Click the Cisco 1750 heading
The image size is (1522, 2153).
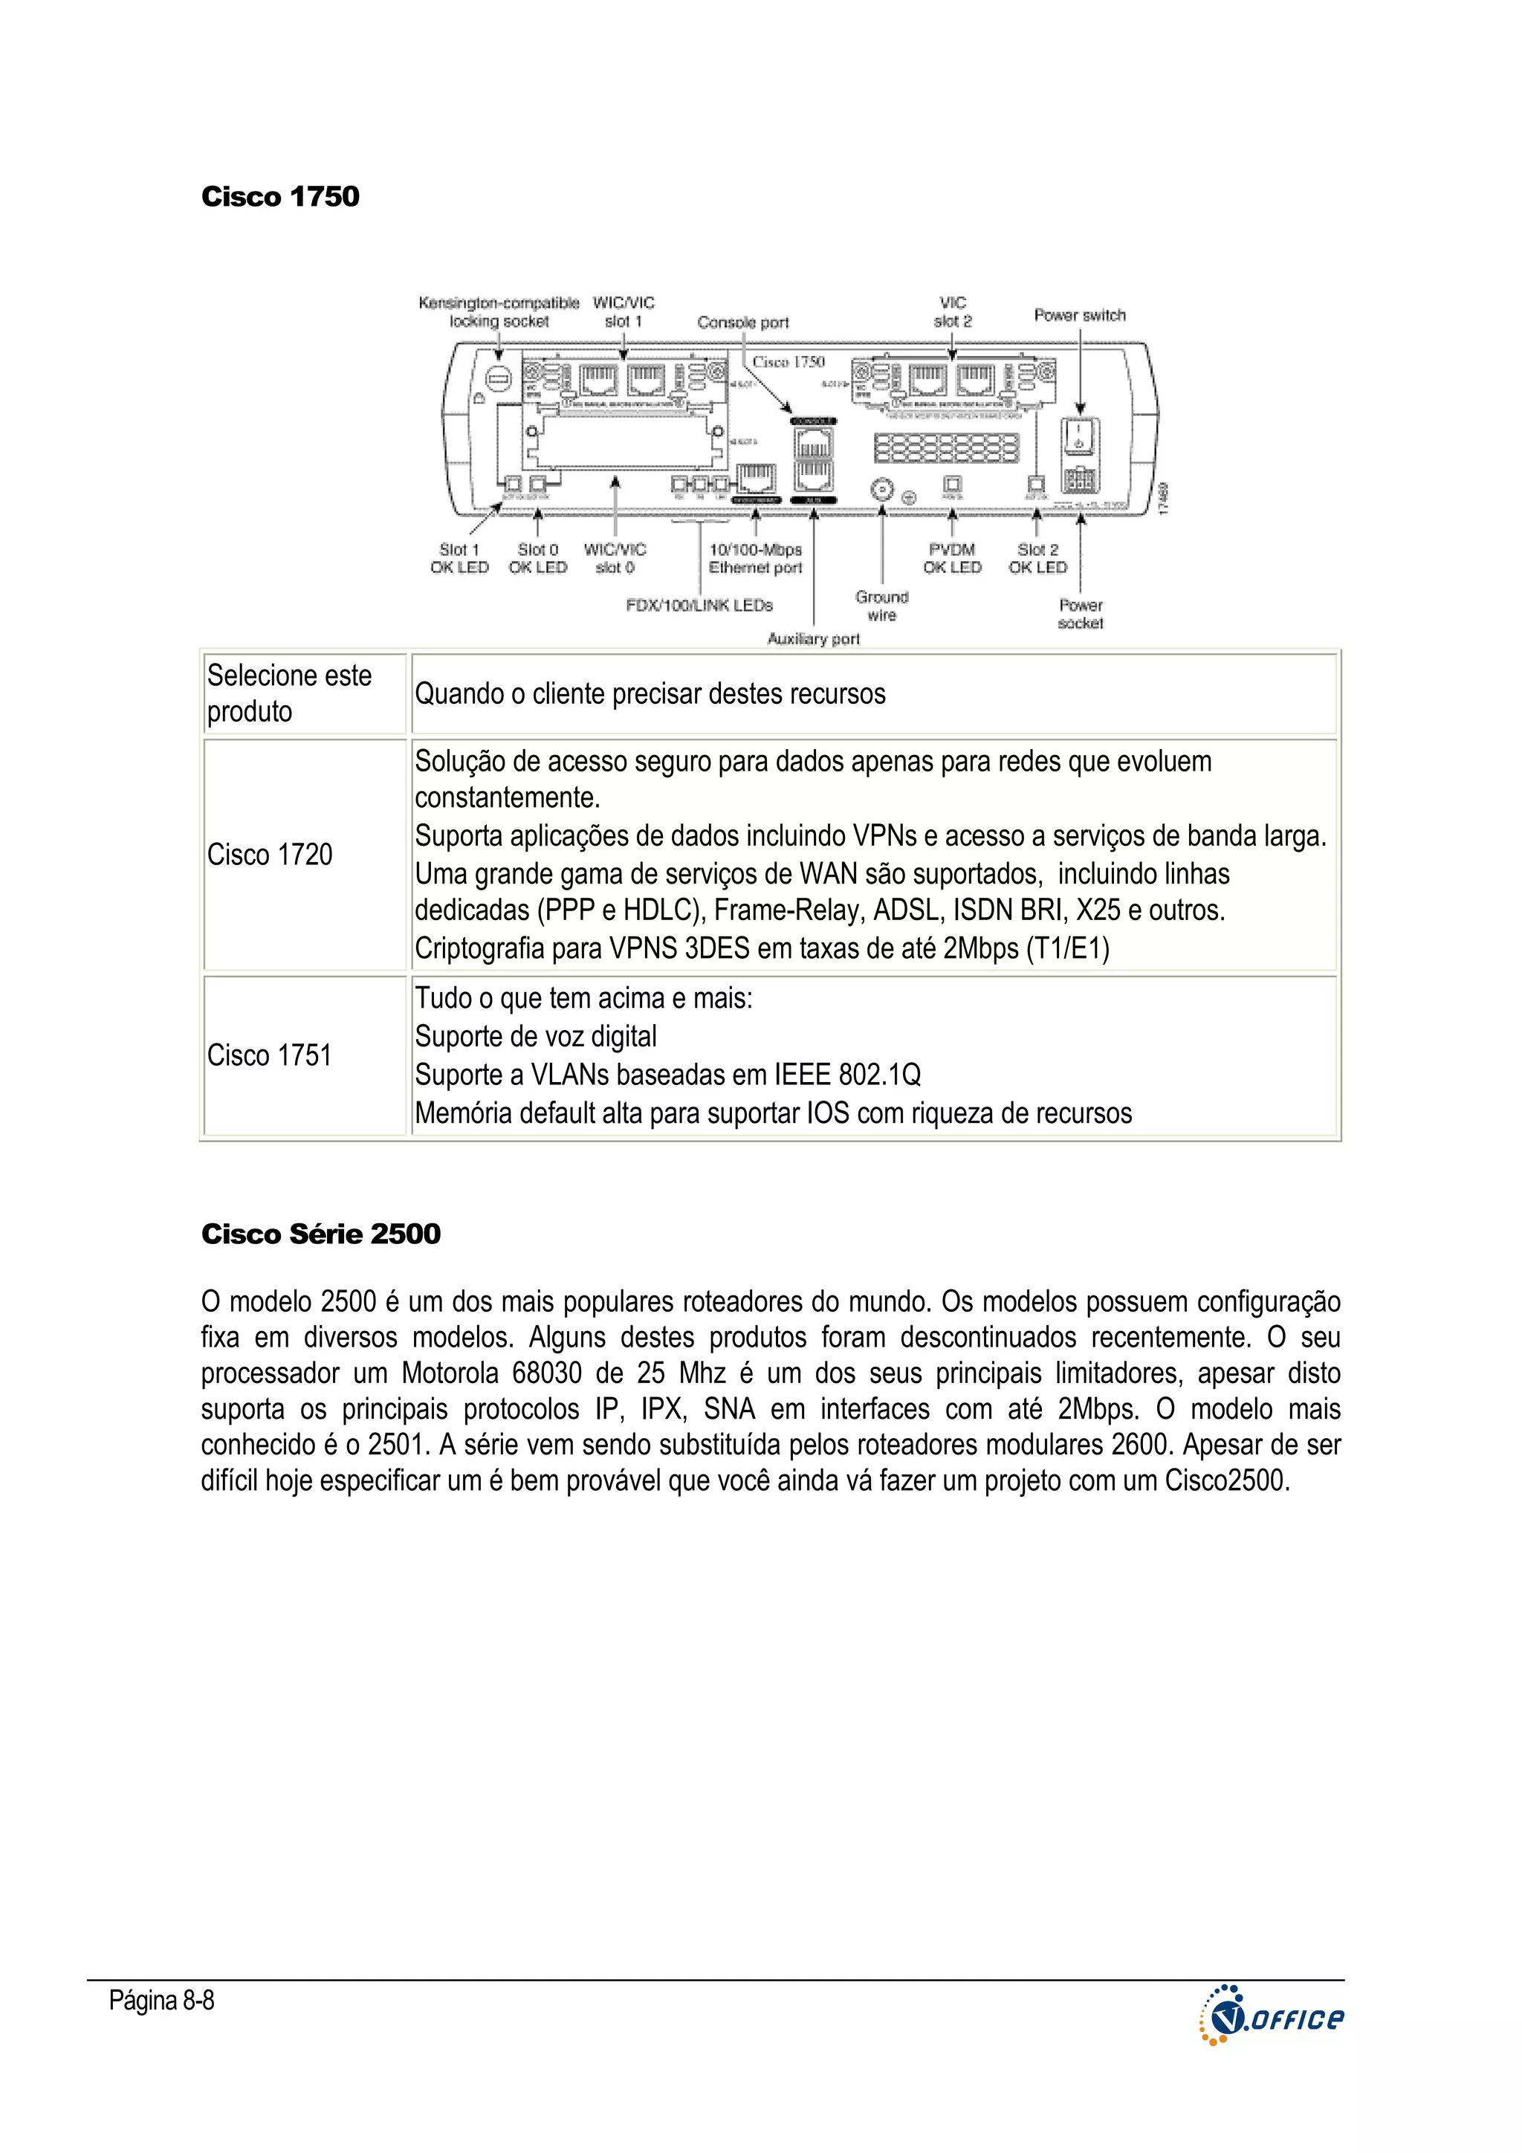point(279,197)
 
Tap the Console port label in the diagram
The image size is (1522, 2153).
point(742,323)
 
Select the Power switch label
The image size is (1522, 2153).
point(1079,315)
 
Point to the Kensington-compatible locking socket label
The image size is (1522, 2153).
point(498,312)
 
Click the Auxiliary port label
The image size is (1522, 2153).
point(813,638)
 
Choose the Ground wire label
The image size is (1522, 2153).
point(881,606)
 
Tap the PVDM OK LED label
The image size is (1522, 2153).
point(952,559)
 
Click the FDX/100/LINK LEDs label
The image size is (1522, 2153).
point(699,606)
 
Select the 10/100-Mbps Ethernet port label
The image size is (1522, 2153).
point(755,559)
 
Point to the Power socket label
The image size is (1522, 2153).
point(1081,614)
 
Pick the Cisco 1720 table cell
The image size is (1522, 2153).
point(270,854)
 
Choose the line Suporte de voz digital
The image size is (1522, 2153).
point(536,1036)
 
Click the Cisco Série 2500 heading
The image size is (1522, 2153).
point(321,1234)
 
